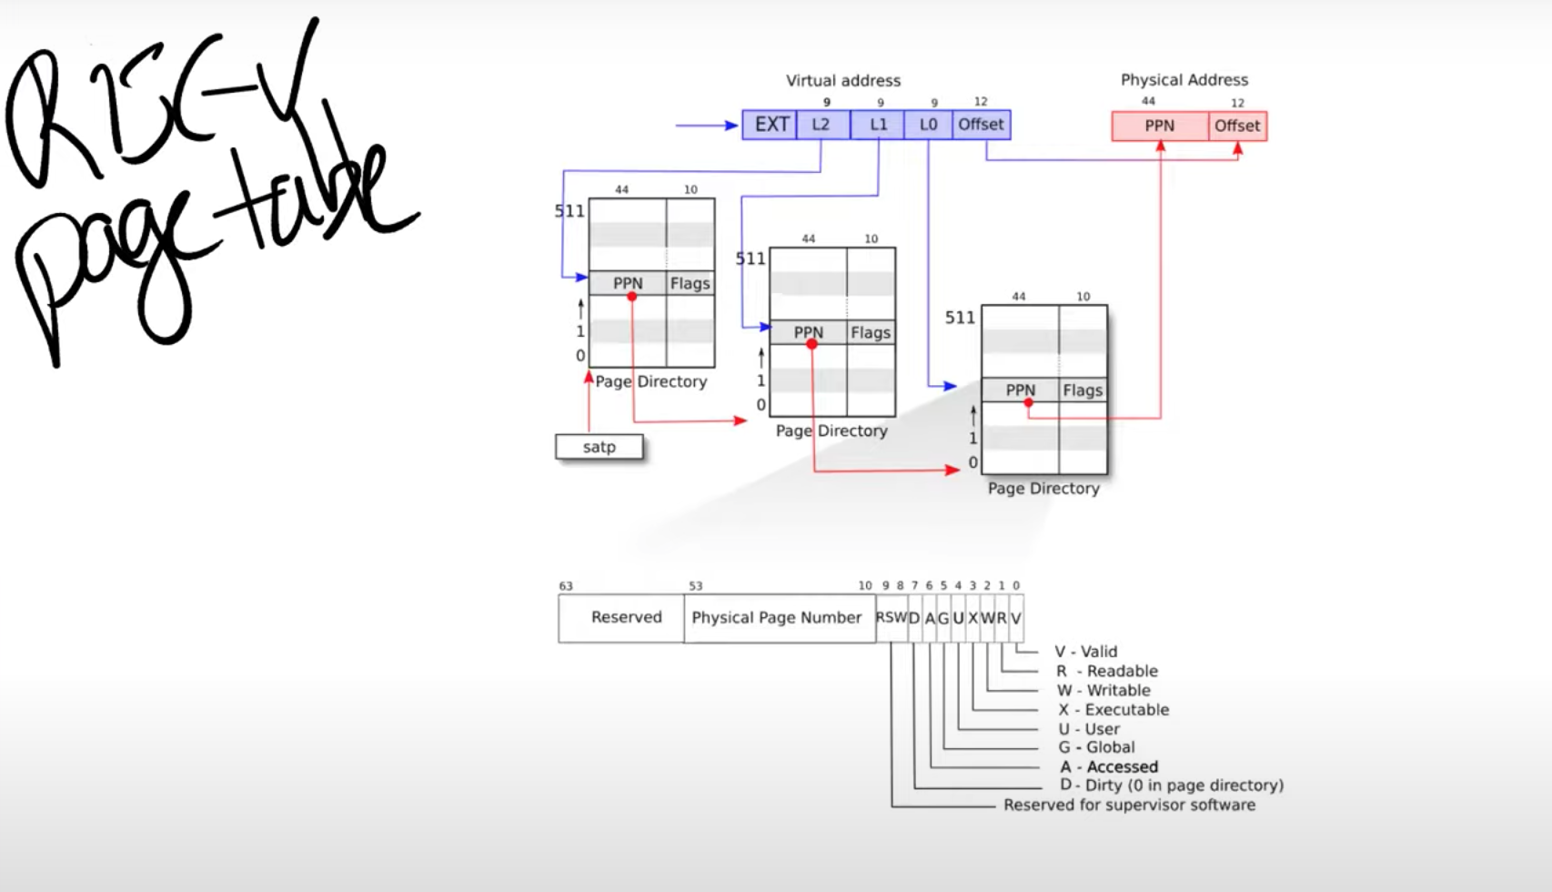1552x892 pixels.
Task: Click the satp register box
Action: point(599,447)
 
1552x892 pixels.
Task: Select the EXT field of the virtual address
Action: point(771,125)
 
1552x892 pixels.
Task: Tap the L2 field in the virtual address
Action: point(821,125)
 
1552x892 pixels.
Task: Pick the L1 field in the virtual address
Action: point(878,125)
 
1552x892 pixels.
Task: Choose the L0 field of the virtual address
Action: point(928,125)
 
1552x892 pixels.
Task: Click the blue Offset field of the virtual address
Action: point(981,125)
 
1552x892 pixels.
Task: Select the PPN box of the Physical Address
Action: point(1159,126)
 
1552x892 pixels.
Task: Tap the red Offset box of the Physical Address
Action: point(1237,126)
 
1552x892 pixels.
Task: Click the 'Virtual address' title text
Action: point(843,80)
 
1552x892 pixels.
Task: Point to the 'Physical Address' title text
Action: point(1184,80)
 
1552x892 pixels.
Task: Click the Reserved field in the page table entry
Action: point(626,617)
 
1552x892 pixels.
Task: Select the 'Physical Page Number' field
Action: point(776,617)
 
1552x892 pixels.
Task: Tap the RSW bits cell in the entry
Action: point(891,617)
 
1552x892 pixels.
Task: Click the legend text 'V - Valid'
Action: point(1085,652)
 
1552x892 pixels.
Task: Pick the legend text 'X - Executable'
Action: point(1114,710)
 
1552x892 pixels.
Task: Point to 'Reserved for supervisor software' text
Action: point(1129,806)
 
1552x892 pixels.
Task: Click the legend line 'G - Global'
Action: point(1096,747)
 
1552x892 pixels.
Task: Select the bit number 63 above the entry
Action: point(566,586)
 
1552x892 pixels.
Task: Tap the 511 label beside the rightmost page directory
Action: point(960,318)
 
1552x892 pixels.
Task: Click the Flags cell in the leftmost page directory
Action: point(690,283)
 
